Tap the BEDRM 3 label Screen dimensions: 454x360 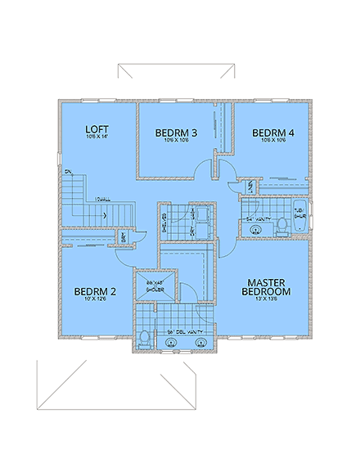coord(177,133)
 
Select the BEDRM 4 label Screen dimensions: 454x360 coord(272,133)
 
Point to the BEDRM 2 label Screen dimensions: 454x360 coord(96,291)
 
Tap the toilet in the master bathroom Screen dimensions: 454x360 coord(145,338)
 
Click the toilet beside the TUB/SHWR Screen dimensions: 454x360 coord(281,223)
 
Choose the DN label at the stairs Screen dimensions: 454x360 coord(69,171)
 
